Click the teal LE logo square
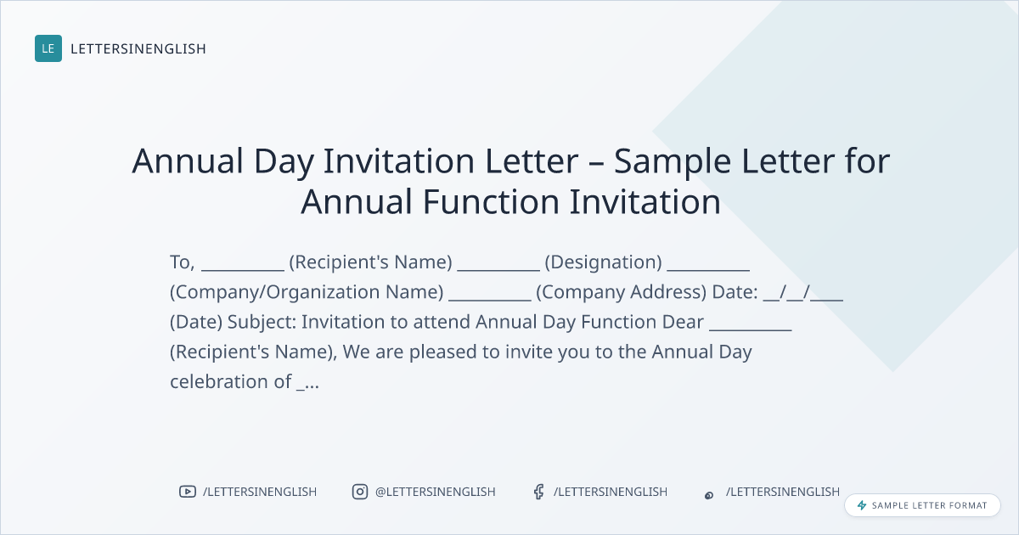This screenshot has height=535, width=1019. [x=48, y=48]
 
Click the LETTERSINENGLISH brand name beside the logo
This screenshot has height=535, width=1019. [x=138, y=48]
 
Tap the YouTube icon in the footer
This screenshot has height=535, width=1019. [x=188, y=492]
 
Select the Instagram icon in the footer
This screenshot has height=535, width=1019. [x=360, y=492]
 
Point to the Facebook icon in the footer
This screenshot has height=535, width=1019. [x=538, y=492]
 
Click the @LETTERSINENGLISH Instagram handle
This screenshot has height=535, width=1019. [x=436, y=492]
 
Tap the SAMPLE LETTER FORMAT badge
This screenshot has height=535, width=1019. [x=922, y=505]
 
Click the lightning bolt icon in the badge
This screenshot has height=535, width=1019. [x=862, y=505]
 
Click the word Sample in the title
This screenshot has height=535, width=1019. [x=673, y=162]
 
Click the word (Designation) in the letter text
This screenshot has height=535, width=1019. [x=603, y=262]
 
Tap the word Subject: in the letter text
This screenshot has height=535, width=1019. [x=262, y=322]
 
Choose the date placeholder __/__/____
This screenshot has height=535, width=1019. [x=803, y=292]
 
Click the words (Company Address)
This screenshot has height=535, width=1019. [x=622, y=292]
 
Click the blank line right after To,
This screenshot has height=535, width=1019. [x=243, y=270]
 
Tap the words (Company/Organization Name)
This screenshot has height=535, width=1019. [x=307, y=292]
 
